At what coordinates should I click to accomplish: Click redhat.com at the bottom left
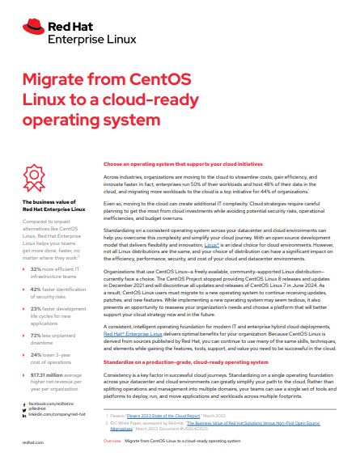coord(32,444)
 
